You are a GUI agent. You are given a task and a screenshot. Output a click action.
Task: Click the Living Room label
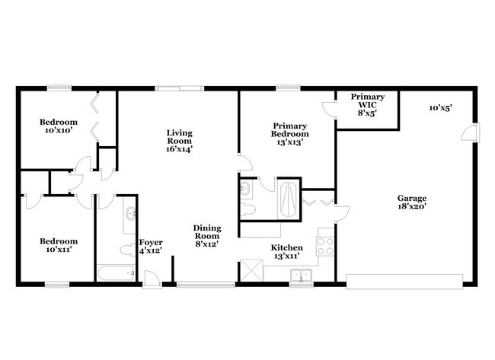pos(180,141)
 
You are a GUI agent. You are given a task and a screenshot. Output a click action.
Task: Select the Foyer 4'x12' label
pos(151,247)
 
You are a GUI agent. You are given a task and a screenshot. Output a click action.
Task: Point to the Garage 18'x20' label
pos(411,202)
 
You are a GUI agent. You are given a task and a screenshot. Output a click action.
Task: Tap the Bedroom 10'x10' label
pos(59,126)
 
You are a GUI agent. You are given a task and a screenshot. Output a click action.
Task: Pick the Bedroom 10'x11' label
pos(59,245)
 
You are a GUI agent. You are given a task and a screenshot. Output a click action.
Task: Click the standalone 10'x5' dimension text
pos(440,108)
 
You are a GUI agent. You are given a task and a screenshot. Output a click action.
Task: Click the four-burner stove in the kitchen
pos(324,245)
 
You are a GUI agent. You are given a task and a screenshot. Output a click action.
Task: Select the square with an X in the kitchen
pos(250,271)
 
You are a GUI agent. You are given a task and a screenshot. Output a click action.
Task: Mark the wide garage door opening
pos(404,279)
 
